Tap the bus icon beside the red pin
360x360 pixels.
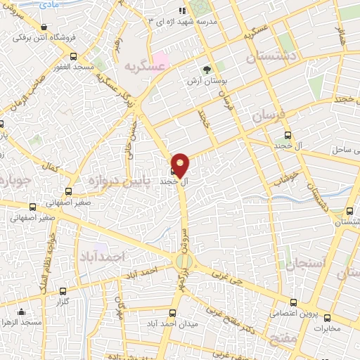[173, 171]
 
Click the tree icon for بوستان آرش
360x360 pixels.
[207, 70]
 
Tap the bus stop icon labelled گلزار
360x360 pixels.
[63, 291]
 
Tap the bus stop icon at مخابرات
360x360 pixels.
[322, 316]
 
